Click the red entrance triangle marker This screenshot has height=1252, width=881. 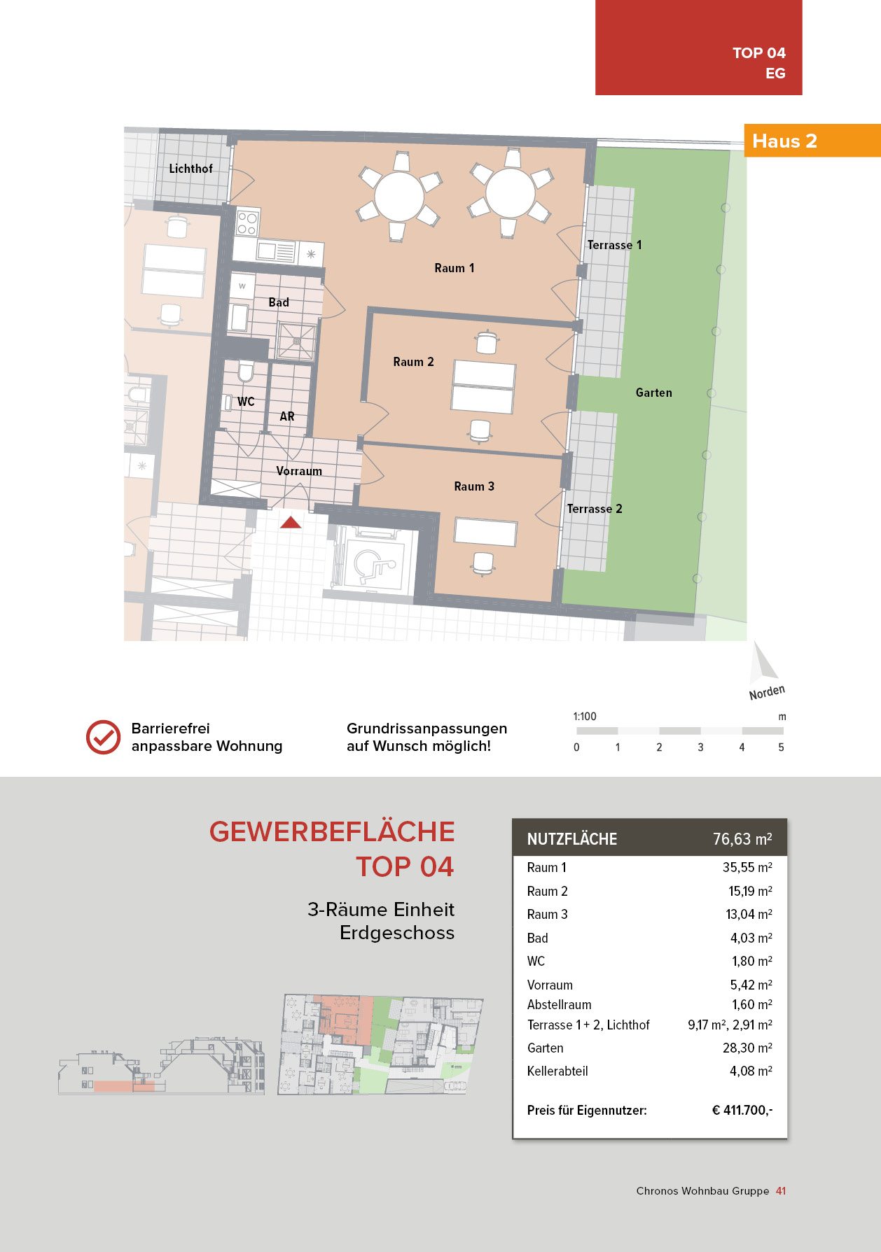pyautogui.click(x=291, y=522)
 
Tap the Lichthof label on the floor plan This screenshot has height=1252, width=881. pyautogui.click(x=190, y=169)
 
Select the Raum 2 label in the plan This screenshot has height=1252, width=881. pyautogui.click(x=413, y=362)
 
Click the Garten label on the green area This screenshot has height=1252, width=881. pyautogui.click(x=653, y=393)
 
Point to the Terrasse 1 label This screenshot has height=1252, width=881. pyautogui.click(x=614, y=245)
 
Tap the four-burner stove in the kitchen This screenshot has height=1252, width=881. pyautogui.click(x=247, y=223)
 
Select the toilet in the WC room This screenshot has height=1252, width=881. pyautogui.click(x=245, y=370)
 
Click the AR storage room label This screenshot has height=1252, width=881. pyautogui.click(x=287, y=416)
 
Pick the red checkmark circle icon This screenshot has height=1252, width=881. pyautogui.click(x=103, y=737)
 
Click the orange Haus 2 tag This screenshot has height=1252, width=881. pyautogui.click(x=784, y=141)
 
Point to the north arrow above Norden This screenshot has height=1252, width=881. pyautogui.click(x=762, y=662)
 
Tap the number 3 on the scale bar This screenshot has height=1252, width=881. pyautogui.click(x=700, y=747)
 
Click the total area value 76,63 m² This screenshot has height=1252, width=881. pyautogui.click(x=742, y=839)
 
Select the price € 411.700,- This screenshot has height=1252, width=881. pyautogui.click(x=742, y=1110)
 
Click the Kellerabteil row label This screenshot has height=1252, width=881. pyautogui.click(x=557, y=1071)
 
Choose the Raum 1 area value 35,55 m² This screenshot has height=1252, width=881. pyautogui.click(x=747, y=867)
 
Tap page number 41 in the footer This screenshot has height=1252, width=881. pyautogui.click(x=781, y=1190)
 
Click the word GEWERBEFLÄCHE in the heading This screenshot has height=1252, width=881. pyautogui.click(x=332, y=831)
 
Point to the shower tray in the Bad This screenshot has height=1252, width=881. pyautogui.click(x=297, y=342)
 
